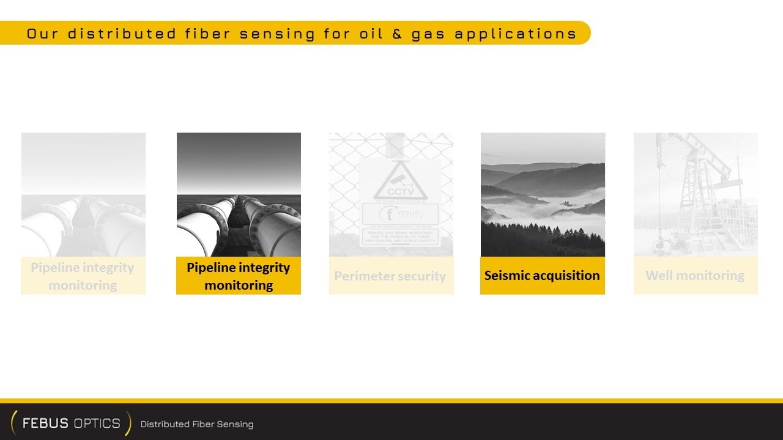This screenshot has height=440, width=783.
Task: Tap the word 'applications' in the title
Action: [x=516, y=34]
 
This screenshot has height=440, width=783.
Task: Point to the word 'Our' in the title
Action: [x=42, y=34]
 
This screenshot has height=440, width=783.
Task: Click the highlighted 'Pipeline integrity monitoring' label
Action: [x=239, y=276]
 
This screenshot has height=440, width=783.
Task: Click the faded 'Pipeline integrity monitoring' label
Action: [x=83, y=276]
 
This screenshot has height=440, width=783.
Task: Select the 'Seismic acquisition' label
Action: [x=542, y=276]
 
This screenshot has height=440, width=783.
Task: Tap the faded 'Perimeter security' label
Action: [x=390, y=276]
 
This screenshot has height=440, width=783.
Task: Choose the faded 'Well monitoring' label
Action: [x=695, y=276]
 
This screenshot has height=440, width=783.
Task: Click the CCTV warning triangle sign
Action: [x=400, y=182]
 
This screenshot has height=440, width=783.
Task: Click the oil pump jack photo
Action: [x=696, y=194]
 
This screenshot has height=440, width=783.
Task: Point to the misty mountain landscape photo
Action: [x=543, y=194]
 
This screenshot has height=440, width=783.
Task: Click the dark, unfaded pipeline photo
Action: [x=239, y=194]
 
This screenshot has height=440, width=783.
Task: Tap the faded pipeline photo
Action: [x=83, y=194]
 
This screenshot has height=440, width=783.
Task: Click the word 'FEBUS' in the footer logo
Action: [x=45, y=424]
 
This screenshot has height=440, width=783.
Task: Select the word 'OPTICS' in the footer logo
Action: [x=96, y=424]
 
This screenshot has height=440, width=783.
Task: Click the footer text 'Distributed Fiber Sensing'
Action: [x=196, y=424]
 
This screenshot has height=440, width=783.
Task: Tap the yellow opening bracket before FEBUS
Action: [x=13, y=423]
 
